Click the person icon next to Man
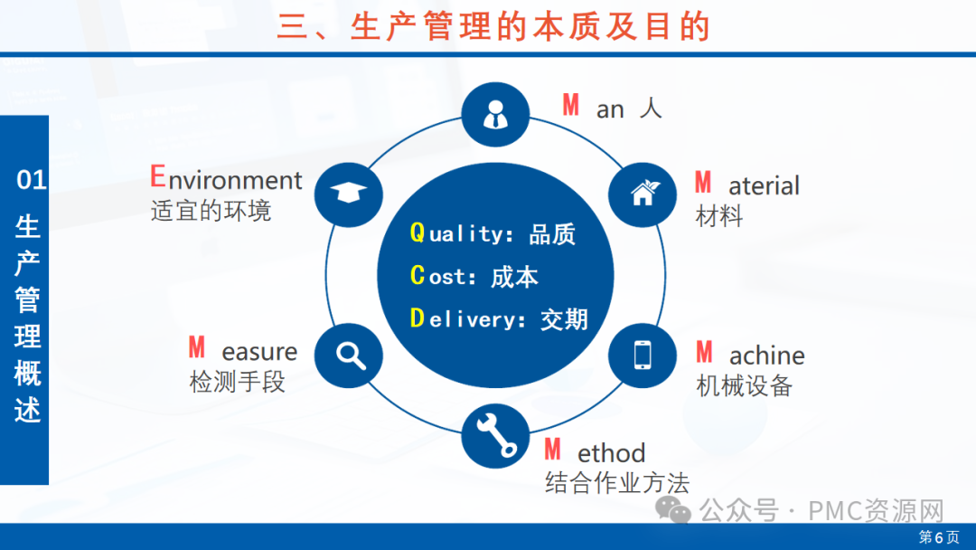(x=495, y=115)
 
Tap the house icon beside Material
(x=643, y=193)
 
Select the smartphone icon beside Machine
(x=643, y=355)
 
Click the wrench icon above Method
(x=496, y=435)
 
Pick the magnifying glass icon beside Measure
(x=351, y=356)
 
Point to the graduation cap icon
(x=348, y=193)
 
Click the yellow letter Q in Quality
(x=417, y=233)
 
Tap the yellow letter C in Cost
(x=417, y=275)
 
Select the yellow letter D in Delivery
(x=417, y=318)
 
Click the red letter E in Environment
(x=157, y=176)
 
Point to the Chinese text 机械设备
(x=744, y=385)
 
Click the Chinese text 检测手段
(x=237, y=381)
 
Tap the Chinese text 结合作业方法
(x=617, y=483)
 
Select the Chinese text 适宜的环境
(x=211, y=211)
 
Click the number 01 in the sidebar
(x=31, y=180)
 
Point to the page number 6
(x=939, y=537)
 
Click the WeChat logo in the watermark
(x=673, y=510)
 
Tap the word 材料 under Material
(x=719, y=216)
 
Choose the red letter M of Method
(x=552, y=449)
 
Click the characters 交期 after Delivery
(x=564, y=319)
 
